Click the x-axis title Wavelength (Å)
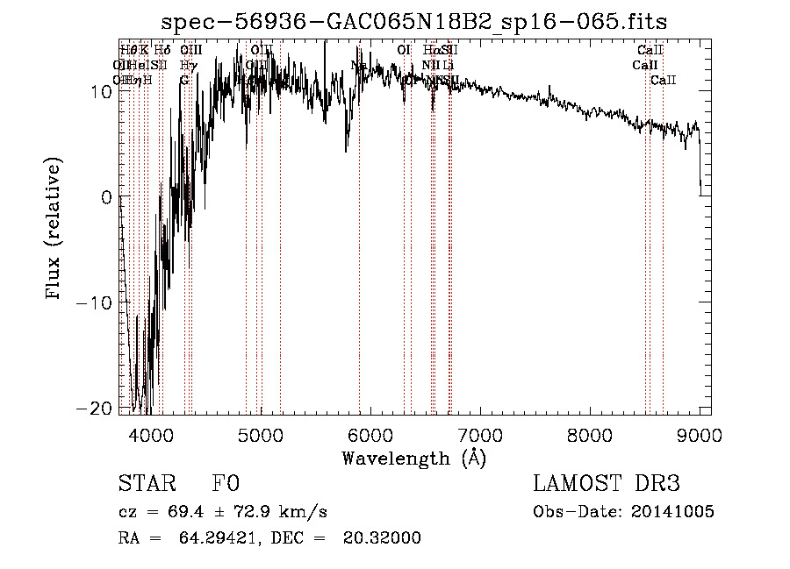pyautogui.click(x=413, y=458)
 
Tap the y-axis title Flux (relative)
pyautogui.click(x=54, y=230)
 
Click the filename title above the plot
pyautogui.click(x=415, y=22)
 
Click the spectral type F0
pyautogui.click(x=226, y=484)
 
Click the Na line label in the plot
pyautogui.click(x=358, y=65)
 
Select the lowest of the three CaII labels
pyautogui.click(x=664, y=81)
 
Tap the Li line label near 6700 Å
pyautogui.click(x=449, y=65)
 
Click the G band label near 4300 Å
pyautogui.click(x=184, y=81)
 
